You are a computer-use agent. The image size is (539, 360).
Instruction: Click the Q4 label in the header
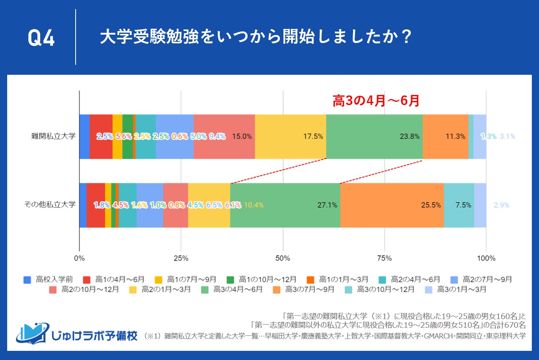(41, 38)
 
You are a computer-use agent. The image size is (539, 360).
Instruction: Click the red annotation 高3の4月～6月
(376, 101)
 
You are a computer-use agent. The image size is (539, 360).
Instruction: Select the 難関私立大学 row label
(53, 136)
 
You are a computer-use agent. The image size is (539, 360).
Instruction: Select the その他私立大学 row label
(50, 205)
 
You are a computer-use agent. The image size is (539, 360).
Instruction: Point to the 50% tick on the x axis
(283, 259)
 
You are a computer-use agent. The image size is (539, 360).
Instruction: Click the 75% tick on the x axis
(384, 259)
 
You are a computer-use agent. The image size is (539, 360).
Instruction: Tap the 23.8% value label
(410, 136)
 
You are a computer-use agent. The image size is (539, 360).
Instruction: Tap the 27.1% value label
(327, 205)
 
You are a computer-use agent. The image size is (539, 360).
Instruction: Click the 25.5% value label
(431, 205)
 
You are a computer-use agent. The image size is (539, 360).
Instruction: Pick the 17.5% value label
(313, 136)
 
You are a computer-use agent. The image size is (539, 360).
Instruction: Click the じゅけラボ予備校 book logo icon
(32, 333)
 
